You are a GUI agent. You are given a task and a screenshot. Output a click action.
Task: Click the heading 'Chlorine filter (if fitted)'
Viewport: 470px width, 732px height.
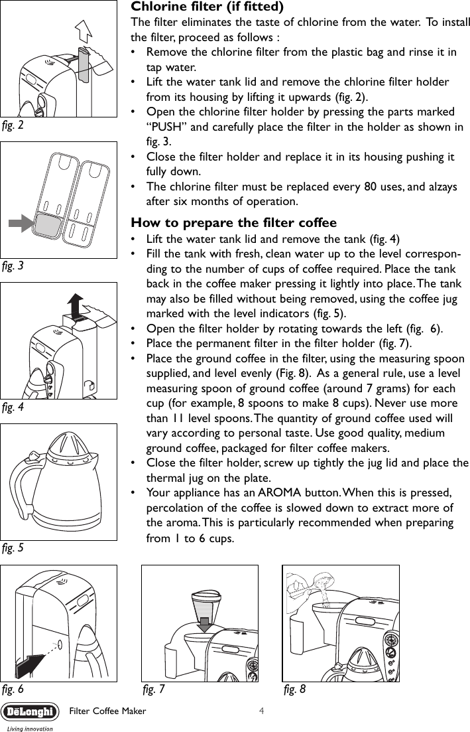point(208,7)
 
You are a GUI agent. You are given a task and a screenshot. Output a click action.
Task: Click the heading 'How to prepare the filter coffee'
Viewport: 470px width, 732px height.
point(234,222)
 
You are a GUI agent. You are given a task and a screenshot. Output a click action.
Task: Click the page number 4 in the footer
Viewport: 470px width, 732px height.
point(263,711)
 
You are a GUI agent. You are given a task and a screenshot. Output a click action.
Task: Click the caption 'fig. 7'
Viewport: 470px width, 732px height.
point(154,689)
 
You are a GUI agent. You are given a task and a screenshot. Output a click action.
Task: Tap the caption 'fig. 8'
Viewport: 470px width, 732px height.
point(294,689)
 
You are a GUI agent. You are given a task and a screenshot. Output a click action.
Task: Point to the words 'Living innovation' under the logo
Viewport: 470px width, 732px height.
point(29,727)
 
